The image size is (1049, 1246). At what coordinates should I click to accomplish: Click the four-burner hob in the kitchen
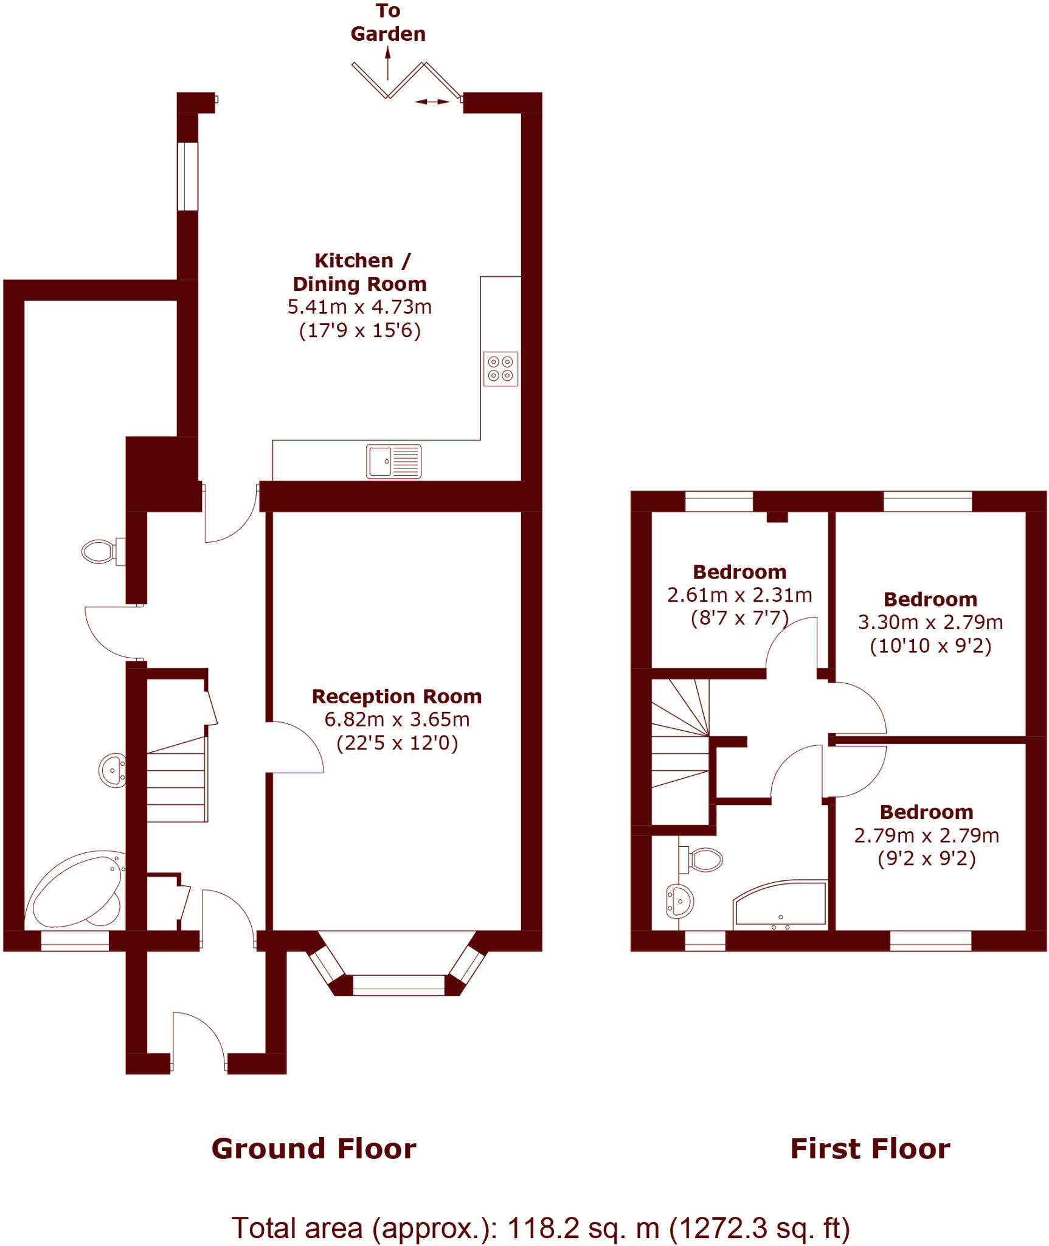(x=500, y=369)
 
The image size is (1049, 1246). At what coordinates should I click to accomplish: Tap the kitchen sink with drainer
(x=393, y=461)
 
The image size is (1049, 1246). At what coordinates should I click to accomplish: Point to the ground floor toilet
(x=100, y=552)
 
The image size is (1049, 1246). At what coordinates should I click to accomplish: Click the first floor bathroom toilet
(x=704, y=860)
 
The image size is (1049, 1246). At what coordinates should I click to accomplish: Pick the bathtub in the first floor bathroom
(x=781, y=906)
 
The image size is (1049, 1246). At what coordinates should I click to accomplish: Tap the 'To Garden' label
(x=388, y=23)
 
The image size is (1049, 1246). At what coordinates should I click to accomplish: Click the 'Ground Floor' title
(x=314, y=1149)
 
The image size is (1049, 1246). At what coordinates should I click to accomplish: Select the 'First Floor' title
(x=870, y=1149)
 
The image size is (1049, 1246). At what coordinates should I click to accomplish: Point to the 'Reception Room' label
(x=396, y=697)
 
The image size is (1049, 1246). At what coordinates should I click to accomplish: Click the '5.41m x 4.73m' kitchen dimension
(x=359, y=307)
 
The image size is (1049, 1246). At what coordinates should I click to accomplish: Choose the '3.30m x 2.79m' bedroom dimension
(x=930, y=622)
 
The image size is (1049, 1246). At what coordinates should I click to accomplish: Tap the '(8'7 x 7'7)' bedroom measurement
(x=739, y=618)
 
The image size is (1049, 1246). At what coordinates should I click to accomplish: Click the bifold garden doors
(x=406, y=81)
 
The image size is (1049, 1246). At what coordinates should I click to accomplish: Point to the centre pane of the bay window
(x=398, y=984)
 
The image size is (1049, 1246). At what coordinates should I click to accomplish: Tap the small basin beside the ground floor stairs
(x=113, y=770)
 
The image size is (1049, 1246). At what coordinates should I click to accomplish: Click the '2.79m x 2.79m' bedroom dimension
(x=926, y=835)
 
